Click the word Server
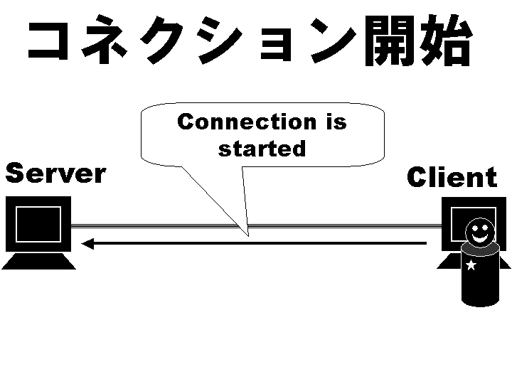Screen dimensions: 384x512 coord(55,173)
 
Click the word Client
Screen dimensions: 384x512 coord(452,177)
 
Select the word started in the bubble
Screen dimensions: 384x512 coord(262,149)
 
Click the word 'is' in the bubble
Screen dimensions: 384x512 coord(336,122)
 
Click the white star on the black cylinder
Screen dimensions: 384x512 coord(470,265)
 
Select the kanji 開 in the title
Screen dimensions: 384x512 coord(390,41)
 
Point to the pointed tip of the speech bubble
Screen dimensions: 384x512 coord(247,235)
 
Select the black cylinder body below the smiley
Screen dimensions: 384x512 coord(480,281)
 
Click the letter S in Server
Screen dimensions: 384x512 coord(16,173)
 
